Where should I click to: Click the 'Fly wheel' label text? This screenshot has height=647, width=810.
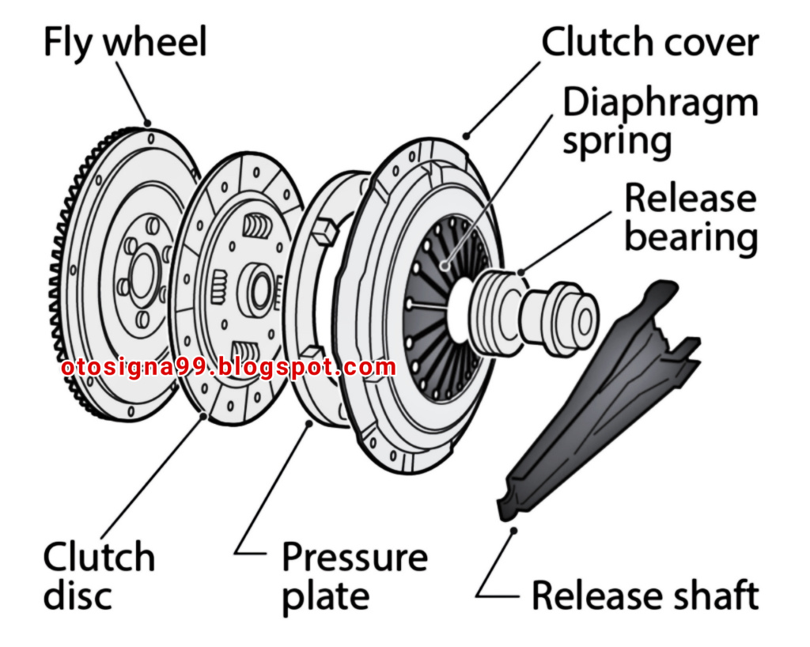pyautogui.click(x=126, y=44)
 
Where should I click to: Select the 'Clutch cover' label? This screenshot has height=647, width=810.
pyautogui.click(x=650, y=42)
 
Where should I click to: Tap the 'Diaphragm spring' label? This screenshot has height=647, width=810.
pyautogui.click(x=660, y=122)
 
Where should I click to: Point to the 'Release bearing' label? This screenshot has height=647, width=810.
pyautogui.click(x=691, y=218)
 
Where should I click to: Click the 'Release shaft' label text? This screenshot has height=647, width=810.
pyautogui.click(x=645, y=596)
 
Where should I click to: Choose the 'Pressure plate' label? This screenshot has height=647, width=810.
pyautogui.click(x=355, y=577)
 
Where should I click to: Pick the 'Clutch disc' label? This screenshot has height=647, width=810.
pyautogui.click(x=99, y=575)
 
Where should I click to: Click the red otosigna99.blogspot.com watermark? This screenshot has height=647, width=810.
pyautogui.click(x=229, y=368)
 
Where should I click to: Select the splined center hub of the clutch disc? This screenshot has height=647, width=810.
pyautogui.click(x=259, y=290)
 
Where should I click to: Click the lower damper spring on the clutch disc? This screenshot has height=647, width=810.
pyautogui.click(x=246, y=356)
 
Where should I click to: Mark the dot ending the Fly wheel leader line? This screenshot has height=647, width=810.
pyautogui.click(x=148, y=123)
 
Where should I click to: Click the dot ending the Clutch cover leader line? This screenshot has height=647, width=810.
pyautogui.click(x=467, y=136)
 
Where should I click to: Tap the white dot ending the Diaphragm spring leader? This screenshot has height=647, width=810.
pyautogui.click(x=445, y=267)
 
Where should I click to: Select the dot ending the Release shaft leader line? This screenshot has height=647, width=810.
pyautogui.click(x=513, y=530)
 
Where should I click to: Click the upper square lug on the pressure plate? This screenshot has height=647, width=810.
pyautogui.click(x=324, y=232)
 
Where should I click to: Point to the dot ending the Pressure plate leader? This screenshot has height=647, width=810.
pyautogui.click(x=309, y=423)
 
